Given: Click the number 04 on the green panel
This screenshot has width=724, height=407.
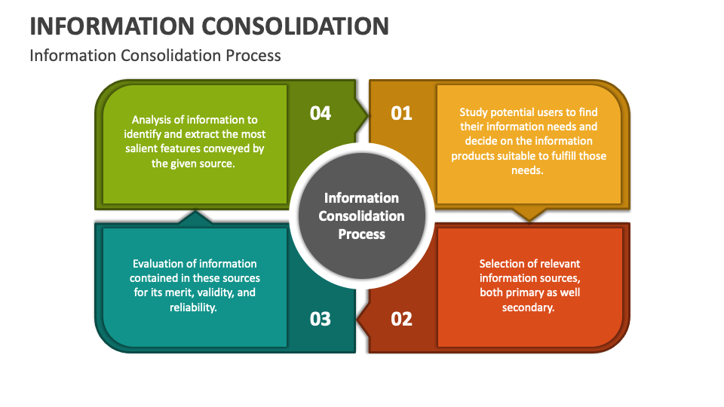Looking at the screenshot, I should pyautogui.click(x=321, y=113).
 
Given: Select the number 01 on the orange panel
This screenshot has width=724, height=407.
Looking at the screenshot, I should pyautogui.click(x=401, y=113).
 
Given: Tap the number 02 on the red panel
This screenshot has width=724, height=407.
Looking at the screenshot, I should pyautogui.click(x=401, y=319).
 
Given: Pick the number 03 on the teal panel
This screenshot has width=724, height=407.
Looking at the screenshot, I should pyautogui.click(x=321, y=319).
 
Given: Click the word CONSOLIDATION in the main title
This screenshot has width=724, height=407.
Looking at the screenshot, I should pyautogui.click(x=296, y=26).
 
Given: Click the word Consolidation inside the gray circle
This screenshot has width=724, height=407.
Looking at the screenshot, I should pyautogui.click(x=361, y=216).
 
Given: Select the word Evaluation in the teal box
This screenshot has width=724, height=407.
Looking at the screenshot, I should pyautogui.click(x=158, y=264).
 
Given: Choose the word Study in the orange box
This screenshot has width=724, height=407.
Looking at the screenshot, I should pyautogui.click(x=475, y=112).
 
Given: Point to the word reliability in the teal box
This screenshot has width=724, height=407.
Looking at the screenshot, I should pyautogui.click(x=194, y=307).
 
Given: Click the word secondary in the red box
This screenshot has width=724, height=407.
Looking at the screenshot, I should pyautogui.click(x=529, y=307).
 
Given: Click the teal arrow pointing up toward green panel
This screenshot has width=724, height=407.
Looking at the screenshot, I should pyautogui.click(x=195, y=218).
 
